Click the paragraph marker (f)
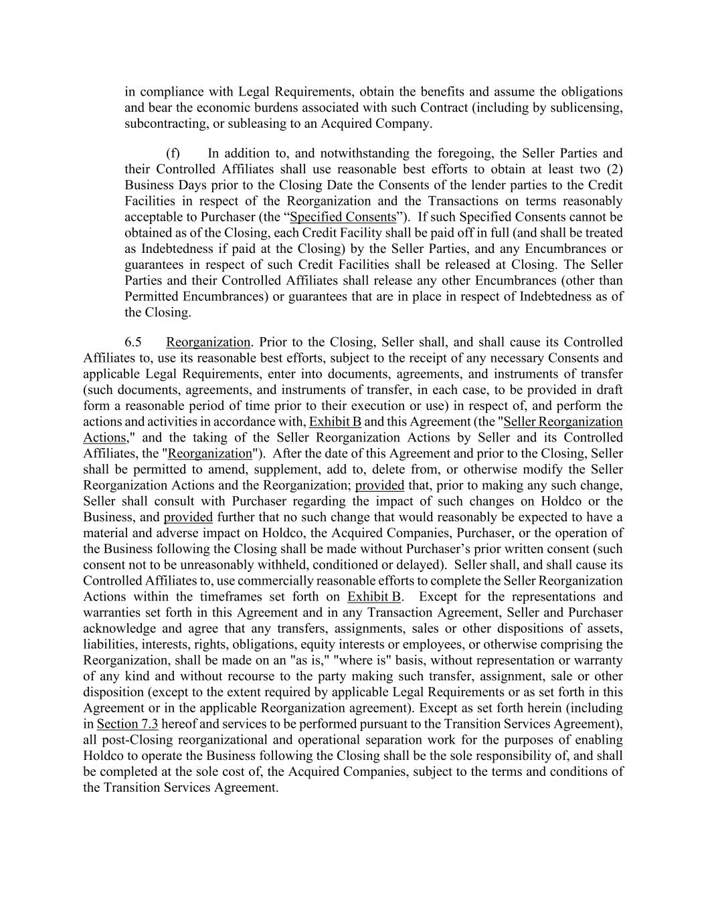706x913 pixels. coord(173,153)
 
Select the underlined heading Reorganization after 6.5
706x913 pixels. coord(208,342)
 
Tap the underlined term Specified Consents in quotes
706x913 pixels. coord(343,217)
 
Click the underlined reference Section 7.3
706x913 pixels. coord(127,724)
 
